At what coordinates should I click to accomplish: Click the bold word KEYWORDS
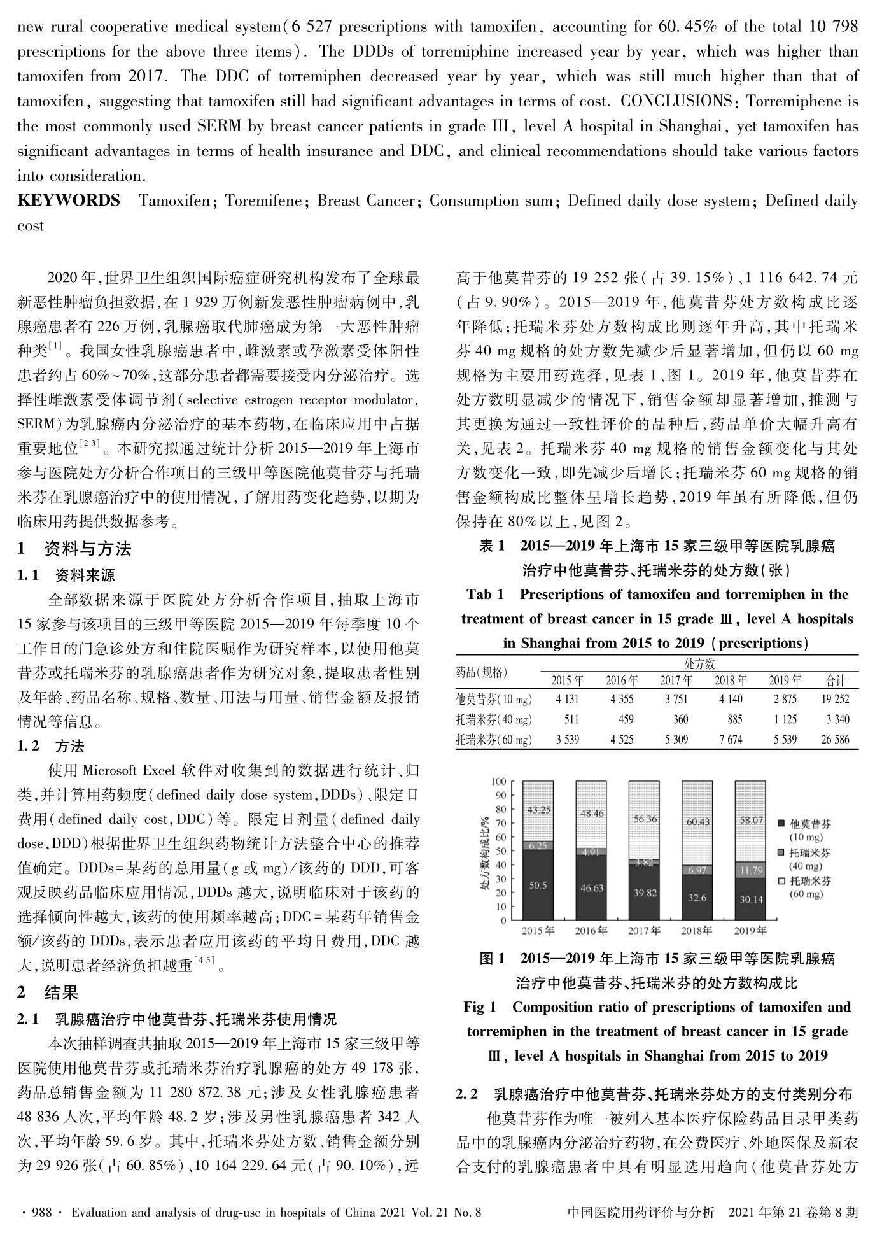click(x=69, y=201)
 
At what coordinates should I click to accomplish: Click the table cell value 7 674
click(x=730, y=740)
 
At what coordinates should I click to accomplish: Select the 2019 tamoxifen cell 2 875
click(x=785, y=699)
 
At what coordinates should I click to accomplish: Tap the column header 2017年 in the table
click(x=676, y=681)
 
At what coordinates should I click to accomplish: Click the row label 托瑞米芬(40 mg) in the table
click(x=494, y=719)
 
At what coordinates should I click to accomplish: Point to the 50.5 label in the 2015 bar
click(x=538, y=885)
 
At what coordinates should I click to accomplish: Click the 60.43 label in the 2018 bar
click(x=698, y=822)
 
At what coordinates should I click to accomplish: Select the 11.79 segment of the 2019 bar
click(x=752, y=870)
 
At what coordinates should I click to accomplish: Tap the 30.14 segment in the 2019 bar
click(x=752, y=900)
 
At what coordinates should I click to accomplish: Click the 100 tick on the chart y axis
click(x=499, y=782)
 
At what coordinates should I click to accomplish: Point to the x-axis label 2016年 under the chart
click(x=591, y=931)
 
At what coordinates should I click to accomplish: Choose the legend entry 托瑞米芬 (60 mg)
click(x=810, y=887)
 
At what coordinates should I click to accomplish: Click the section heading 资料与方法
click(x=87, y=549)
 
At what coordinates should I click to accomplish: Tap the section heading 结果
click(x=61, y=992)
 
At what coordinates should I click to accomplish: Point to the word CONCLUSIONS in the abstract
click(x=676, y=101)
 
